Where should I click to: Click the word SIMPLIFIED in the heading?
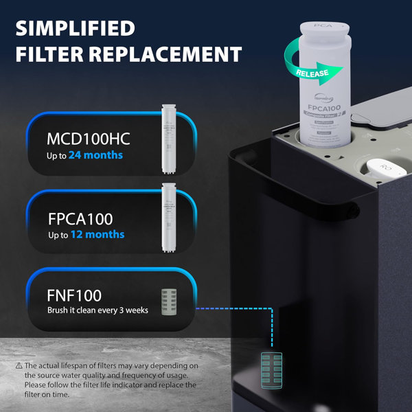(x=75, y=28)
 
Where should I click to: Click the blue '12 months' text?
(x=98, y=235)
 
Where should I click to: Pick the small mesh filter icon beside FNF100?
(x=169, y=301)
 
